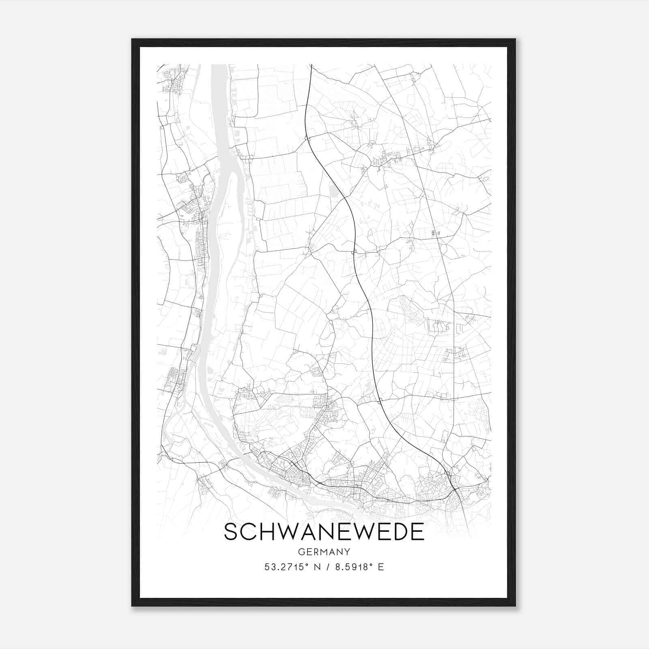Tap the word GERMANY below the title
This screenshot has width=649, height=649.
[324, 552]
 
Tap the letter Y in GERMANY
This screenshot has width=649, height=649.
[347, 552]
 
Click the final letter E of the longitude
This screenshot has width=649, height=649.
[381, 567]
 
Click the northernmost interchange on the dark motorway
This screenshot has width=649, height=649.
[307, 139]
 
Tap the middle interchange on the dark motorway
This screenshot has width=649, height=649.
[353, 252]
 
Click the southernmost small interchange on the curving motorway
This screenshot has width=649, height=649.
[380, 402]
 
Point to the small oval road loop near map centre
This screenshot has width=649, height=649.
[335, 310]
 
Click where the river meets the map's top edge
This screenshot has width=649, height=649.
[219, 65]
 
